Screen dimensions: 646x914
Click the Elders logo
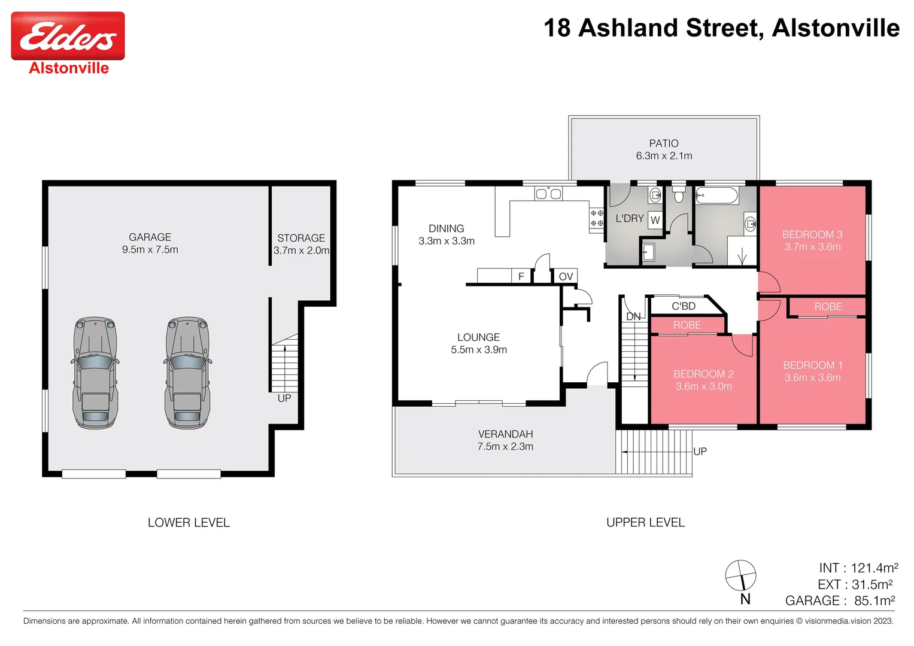(68, 37)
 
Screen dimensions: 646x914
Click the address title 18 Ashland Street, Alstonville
(721, 28)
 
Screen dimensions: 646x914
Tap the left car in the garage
(95, 373)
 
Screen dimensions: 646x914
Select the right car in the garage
(187, 373)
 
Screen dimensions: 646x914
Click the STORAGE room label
(300, 238)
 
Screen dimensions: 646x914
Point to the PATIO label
(663, 144)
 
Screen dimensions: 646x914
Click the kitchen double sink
(548, 194)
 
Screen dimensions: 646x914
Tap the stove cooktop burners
(596, 218)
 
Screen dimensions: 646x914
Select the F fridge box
(521, 276)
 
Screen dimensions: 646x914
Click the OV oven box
(565, 276)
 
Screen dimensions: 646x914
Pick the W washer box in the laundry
(655, 220)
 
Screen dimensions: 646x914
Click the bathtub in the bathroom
(716, 194)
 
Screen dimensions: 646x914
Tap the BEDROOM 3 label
(812, 234)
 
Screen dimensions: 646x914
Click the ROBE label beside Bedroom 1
(828, 307)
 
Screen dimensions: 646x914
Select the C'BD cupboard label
(683, 306)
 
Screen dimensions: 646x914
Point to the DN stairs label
(633, 316)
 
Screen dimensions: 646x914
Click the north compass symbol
(741, 577)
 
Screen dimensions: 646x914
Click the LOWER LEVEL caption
(189, 523)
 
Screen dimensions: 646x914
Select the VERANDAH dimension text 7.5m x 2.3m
(505, 447)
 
